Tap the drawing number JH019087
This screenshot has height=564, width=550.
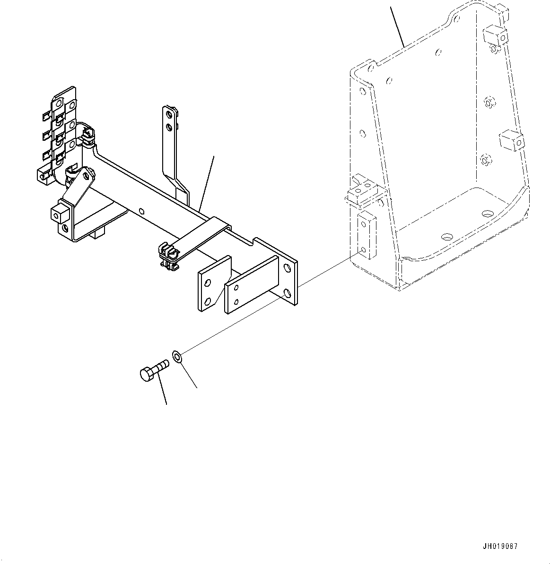[500, 546]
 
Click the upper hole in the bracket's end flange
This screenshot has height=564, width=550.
[287, 268]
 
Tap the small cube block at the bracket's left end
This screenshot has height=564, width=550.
[57, 213]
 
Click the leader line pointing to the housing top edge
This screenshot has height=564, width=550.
[397, 26]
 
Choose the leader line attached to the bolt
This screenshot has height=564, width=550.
[162, 390]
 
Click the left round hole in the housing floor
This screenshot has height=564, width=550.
[446, 236]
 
